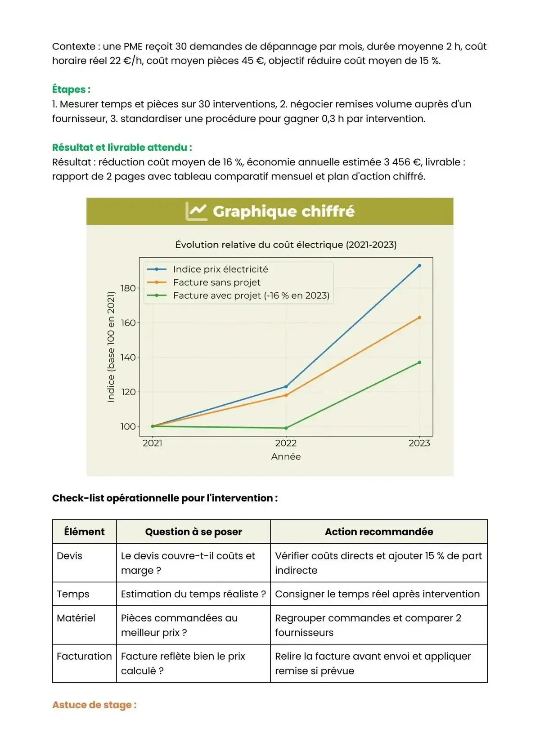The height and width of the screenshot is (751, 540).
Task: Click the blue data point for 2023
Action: point(419,266)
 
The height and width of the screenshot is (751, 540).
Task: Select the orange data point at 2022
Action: point(286,395)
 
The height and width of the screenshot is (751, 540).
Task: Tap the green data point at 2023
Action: point(419,362)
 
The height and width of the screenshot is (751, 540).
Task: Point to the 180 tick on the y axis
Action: point(128,288)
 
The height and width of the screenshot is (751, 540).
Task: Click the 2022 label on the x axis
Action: point(286,443)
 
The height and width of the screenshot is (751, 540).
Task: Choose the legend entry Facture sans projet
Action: point(216,282)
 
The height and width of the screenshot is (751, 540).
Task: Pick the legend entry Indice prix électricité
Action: point(220,269)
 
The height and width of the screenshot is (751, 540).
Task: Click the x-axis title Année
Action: point(286,456)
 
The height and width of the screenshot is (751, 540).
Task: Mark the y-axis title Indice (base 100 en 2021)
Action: point(111,347)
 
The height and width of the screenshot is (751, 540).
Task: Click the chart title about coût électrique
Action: point(286,245)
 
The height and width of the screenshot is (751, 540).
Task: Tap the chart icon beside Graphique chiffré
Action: point(197,211)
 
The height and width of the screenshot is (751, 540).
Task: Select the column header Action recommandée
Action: point(379,532)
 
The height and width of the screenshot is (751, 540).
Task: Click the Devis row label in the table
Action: point(70,556)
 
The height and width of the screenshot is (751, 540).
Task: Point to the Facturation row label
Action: point(84,656)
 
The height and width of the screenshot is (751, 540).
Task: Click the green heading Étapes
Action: point(71,89)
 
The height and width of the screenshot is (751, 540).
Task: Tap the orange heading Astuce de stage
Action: point(94,705)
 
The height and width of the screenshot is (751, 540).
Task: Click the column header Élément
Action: point(84,532)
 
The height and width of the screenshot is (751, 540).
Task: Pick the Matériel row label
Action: point(76,618)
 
